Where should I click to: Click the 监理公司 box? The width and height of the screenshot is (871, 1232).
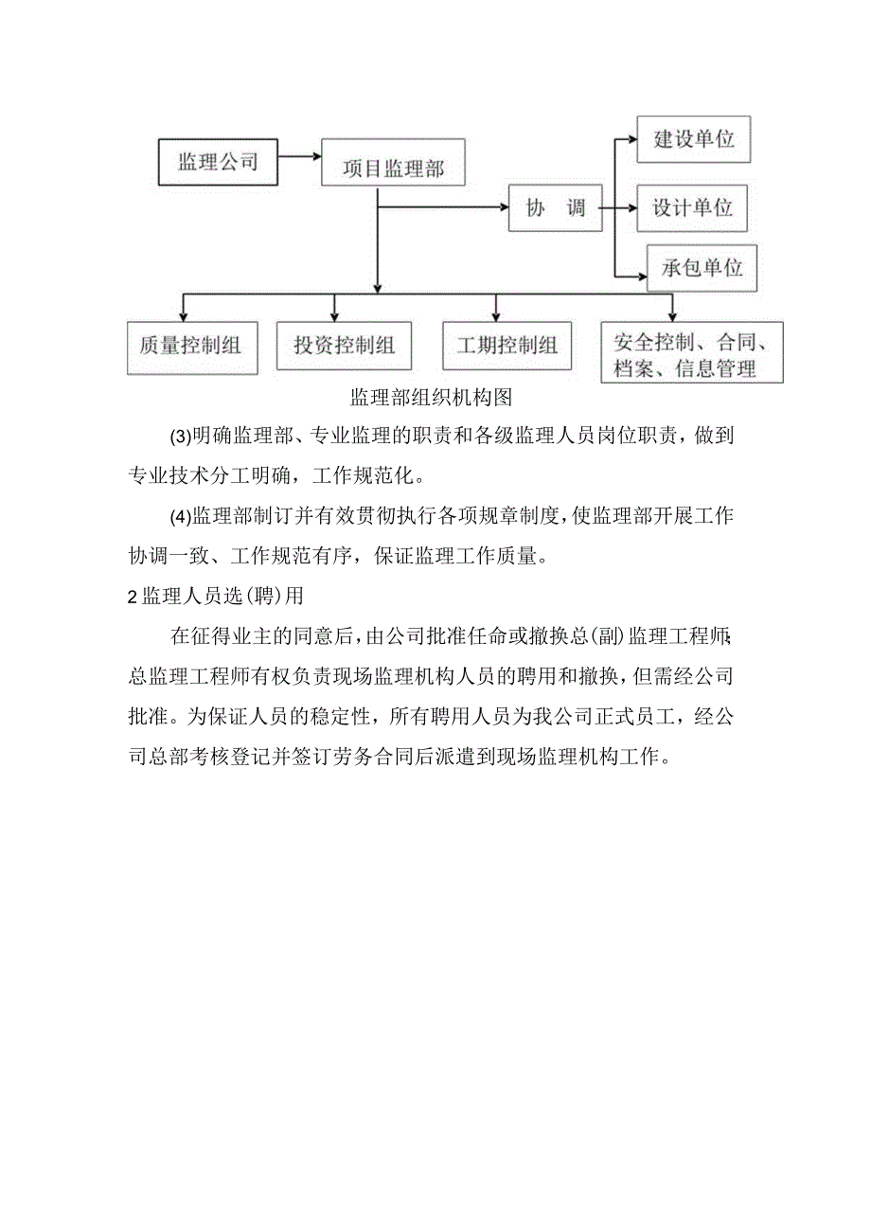point(218,161)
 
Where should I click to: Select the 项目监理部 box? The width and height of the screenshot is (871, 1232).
point(393,169)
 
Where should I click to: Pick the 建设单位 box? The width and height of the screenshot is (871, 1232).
point(693,139)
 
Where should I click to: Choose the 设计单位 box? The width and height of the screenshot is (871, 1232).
point(692,208)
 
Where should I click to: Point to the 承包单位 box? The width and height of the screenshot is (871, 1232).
point(702,268)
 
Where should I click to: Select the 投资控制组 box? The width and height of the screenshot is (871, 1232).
point(344,345)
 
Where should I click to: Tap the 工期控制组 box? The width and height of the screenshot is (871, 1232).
point(507,346)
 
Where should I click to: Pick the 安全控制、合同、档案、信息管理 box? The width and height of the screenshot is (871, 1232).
point(692,353)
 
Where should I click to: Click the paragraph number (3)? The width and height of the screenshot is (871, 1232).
point(180,437)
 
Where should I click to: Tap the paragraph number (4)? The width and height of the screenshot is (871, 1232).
point(180,517)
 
